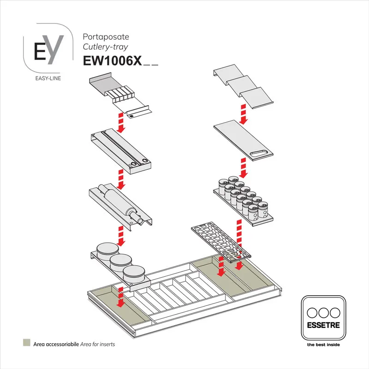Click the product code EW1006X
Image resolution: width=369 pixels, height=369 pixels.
112,61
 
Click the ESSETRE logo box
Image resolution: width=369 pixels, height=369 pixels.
323,318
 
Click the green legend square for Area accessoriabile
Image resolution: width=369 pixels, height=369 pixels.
26,344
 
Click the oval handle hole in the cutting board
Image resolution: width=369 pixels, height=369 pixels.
258,155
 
